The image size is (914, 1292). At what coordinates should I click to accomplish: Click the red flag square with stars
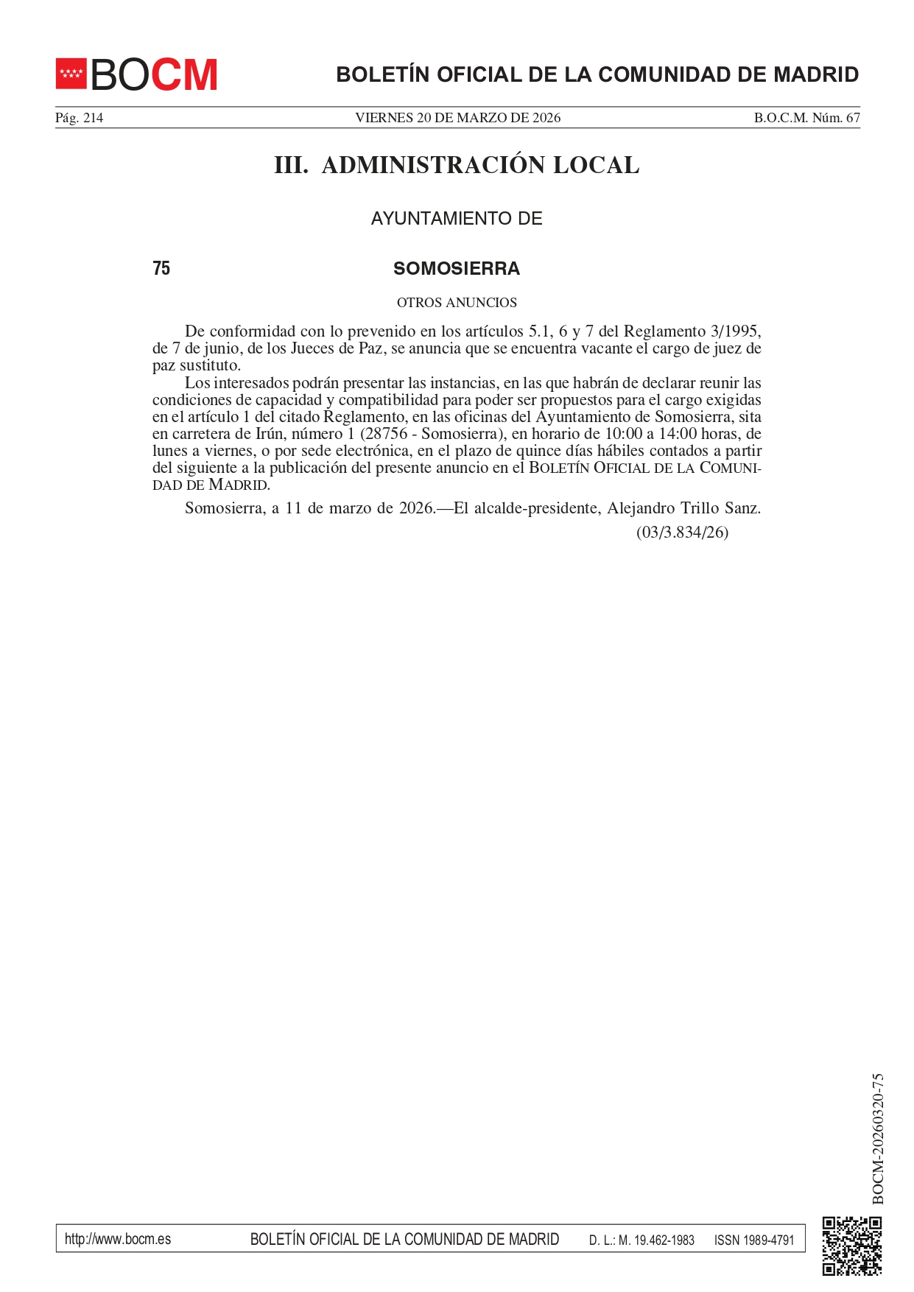click(71, 74)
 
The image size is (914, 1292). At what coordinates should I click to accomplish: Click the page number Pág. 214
click(79, 118)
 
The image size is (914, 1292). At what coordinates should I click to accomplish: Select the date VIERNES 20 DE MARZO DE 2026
click(457, 118)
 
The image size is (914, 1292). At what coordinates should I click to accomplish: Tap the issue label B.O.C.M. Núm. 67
click(806, 118)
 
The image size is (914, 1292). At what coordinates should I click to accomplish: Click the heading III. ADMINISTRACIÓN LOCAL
click(457, 165)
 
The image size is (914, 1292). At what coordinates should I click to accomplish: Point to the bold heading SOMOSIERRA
click(457, 269)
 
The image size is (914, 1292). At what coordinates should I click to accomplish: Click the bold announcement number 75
click(161, 269)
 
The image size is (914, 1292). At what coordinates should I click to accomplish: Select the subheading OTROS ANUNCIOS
click(457, 303)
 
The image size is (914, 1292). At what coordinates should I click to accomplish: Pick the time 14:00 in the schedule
click(678, 434)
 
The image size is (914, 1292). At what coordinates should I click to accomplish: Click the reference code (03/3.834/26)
click(682, 533)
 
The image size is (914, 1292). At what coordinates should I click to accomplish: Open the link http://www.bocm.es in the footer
click(118, 1239)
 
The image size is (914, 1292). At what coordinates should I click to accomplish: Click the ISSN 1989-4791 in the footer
click(754, 1240)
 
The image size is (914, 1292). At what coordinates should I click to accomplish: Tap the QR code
click(851, 1246)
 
